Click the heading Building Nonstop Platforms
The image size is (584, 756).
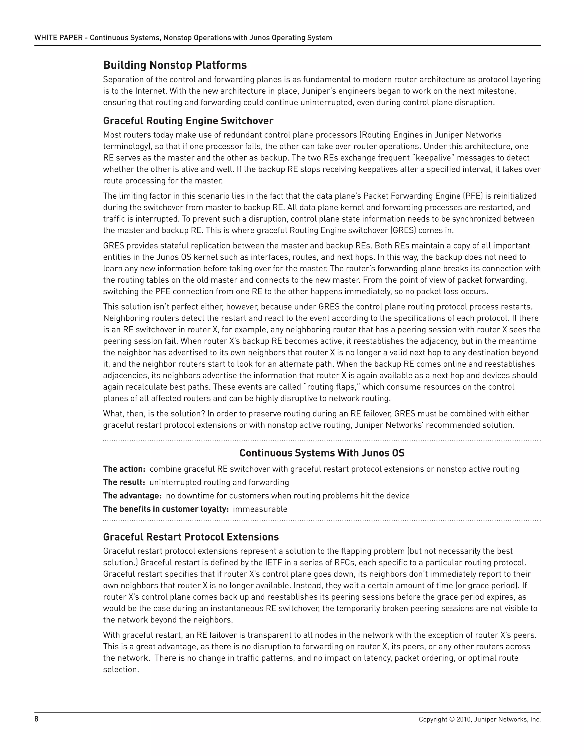[175, 65]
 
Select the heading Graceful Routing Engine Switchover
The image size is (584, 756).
[188, 121]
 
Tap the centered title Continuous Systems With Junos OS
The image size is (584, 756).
[322, 453]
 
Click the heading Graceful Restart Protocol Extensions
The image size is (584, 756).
[191, 537]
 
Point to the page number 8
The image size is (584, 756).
[36, 719]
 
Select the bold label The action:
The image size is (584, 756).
[124, 469]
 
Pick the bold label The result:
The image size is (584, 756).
[124, 482]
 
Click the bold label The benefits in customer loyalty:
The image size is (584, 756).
[166, 509]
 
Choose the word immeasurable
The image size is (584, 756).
[260, 509]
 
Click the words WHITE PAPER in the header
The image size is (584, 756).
[58, 38]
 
